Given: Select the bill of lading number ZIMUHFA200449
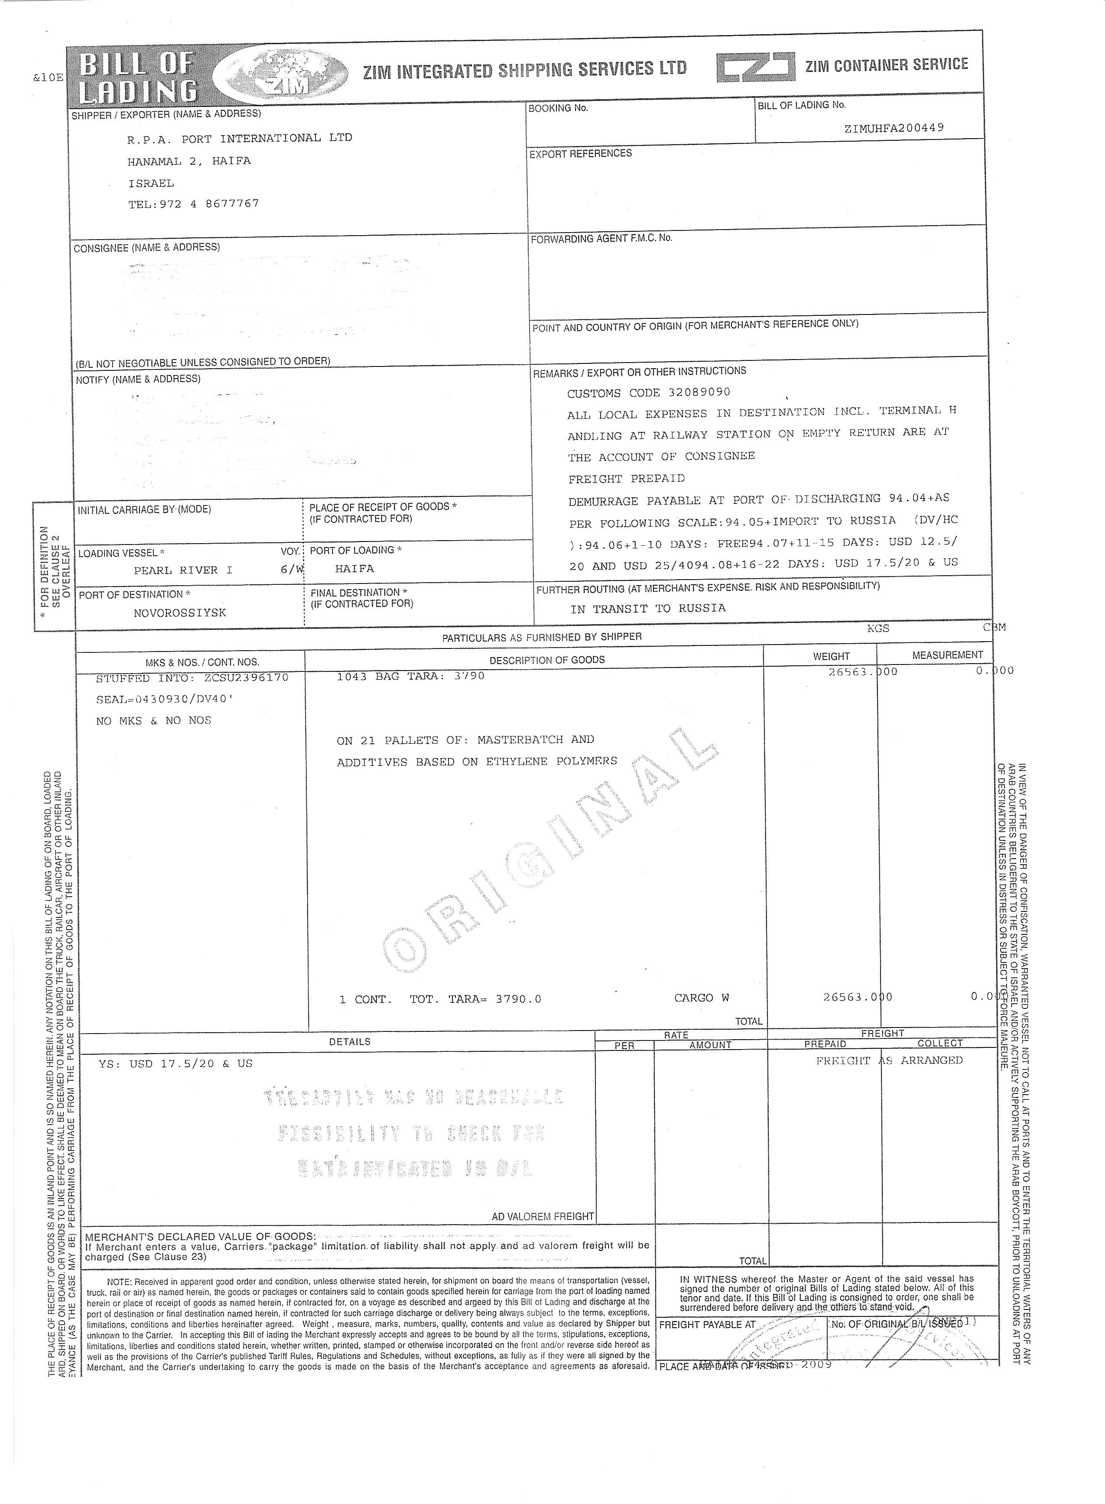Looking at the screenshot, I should pyautogui.click(x=894, y=128).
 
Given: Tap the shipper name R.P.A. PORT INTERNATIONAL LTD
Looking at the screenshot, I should pyautogui.click(x=240, y=139).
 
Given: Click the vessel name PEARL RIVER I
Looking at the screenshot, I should pyautogui.click(x=183, y=570).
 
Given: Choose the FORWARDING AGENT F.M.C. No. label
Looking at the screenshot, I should pyautogui.click(x=601, y=238).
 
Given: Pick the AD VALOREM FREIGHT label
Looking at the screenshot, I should pyautogui.click(x=543, y=1216).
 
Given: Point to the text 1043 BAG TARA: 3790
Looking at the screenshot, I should pyautogui.click(x=411, y=676).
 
